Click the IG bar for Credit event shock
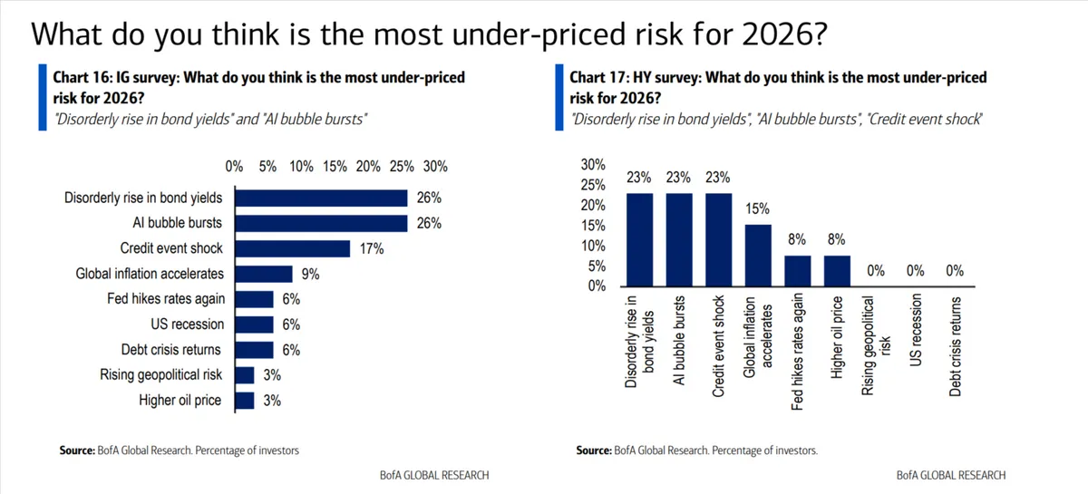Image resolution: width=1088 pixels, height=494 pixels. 291,248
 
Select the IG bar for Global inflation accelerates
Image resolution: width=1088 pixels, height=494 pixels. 262,274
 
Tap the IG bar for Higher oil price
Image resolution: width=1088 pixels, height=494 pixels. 242,400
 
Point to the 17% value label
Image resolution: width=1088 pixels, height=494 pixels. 372,248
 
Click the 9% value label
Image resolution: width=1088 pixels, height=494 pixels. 310,274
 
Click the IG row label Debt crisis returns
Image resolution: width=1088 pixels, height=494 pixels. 170,349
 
